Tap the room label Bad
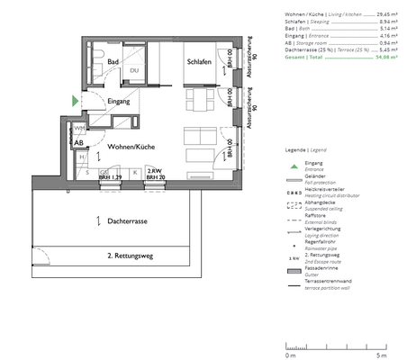coord(113,61)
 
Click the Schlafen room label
coord(199,61)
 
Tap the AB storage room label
coord(79,143)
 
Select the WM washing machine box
coord(79,129)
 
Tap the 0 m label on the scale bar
coord(289,355)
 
